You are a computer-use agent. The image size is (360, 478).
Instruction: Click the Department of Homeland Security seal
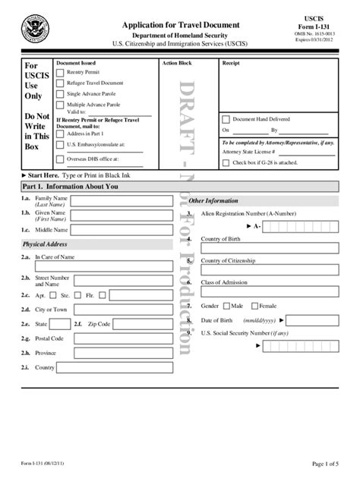click(x=35, y=30)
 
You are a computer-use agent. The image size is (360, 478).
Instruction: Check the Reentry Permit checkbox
click(x=61, y=73)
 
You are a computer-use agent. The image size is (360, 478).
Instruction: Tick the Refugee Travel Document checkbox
click(x=61, y=83)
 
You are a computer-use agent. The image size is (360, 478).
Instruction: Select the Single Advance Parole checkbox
click(x=61, y=94)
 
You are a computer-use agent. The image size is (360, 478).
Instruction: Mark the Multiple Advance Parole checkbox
click(x=61, y=105)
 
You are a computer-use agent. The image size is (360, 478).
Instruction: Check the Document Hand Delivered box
click(x=226, y=119)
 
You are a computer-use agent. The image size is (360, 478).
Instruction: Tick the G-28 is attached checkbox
click(x=226, y=162)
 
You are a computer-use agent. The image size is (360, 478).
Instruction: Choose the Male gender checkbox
click(x=226, y=306)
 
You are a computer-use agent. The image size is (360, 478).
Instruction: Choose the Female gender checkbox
click(x=254, y=306)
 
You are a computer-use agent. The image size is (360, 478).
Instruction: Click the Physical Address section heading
click(x=46, y=244)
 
